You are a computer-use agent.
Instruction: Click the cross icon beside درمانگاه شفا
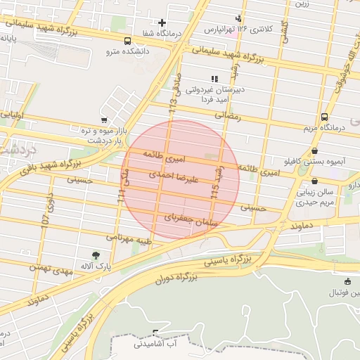tap(163, 23)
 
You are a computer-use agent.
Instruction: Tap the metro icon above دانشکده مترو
tap(127, 41)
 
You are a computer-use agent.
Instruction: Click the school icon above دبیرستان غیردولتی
tap(214, 79)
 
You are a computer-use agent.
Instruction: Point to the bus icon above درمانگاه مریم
tap(324, 117)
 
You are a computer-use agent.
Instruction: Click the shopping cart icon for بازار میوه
tap(104, 120)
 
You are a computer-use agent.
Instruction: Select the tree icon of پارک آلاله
tap(96, 255)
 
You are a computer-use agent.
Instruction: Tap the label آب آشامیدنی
tap(157, 344)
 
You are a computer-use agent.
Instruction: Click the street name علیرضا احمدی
tap(174, 176)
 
